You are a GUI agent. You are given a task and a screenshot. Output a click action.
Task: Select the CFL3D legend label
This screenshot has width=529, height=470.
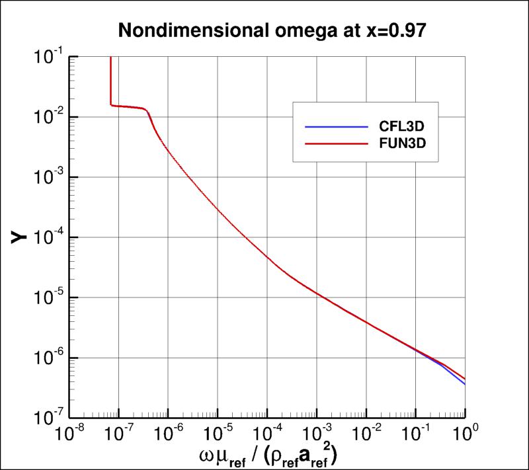point(400,126)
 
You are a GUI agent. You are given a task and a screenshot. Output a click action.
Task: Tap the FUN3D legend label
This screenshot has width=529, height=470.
point(400,143)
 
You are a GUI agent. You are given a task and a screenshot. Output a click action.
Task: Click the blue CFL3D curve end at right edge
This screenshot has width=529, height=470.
point(464,383)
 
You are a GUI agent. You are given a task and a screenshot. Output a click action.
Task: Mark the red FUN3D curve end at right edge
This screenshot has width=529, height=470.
point(464,378)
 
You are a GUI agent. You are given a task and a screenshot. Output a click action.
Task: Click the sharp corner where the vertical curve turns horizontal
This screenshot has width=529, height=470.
point(110,104)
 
